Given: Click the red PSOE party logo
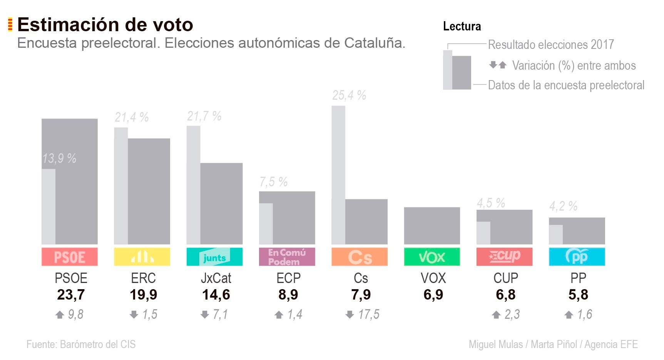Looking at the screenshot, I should coord(69,257).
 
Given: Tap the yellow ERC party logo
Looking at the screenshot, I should coord(142,257).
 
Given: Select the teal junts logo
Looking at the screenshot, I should coord(214,257).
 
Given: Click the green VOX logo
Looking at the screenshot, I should coord(432,257).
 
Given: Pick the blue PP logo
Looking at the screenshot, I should coord(577,257).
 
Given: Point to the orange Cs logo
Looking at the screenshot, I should coord(360,257).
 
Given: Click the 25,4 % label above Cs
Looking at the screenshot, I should coord(349,95).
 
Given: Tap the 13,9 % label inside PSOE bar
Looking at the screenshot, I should coord(59,158).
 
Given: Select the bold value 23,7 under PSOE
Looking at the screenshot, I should coord(71,295).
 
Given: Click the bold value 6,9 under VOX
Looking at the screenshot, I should coord(433,295).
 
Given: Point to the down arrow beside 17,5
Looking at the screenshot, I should coord(350,315).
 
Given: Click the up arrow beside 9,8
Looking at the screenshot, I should coord(59,315).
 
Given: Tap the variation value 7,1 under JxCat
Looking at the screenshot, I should coord(220,315).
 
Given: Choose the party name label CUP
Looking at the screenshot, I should coord(505,278).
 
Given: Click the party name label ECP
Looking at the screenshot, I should coord(288,278).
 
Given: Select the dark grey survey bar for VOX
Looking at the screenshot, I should coord(432,226).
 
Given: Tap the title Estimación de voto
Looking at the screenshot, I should coord(105,25).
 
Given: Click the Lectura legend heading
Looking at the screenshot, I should coord(462,26).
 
